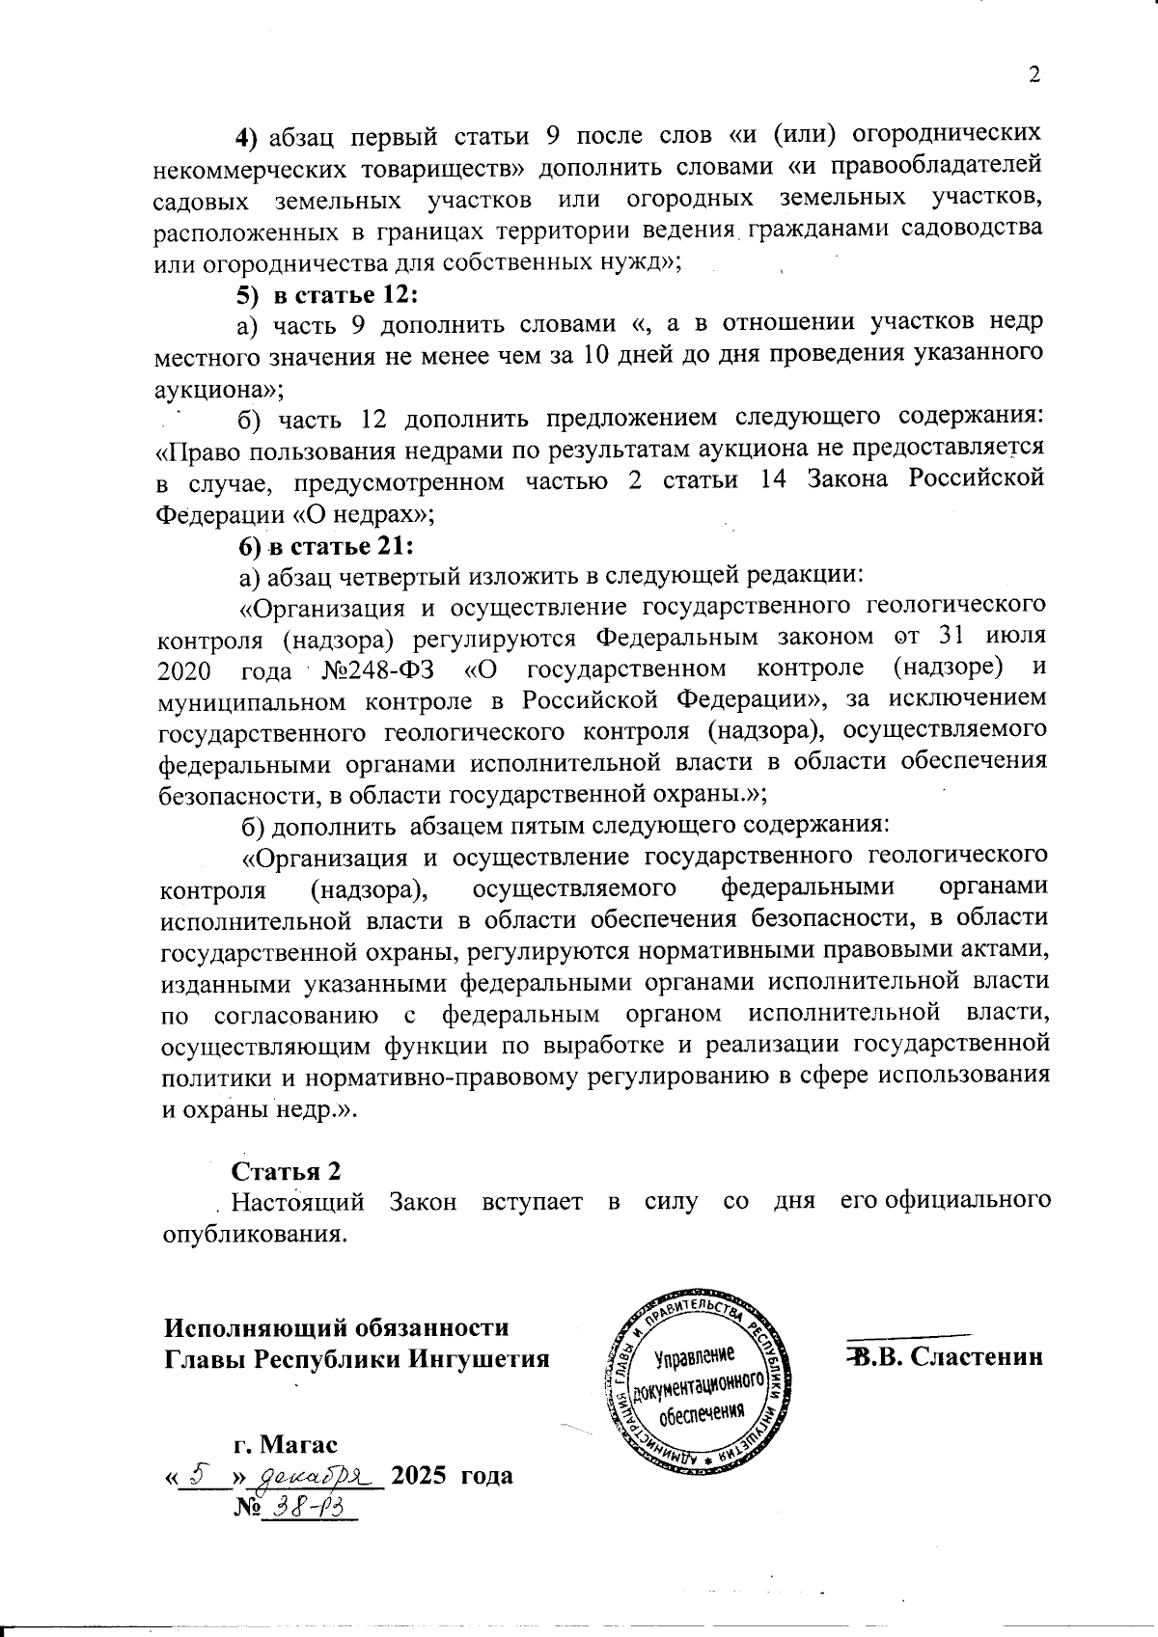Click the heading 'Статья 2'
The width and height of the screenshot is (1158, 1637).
click(286, 1171)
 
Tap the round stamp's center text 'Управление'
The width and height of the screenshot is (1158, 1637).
click(694, 1358)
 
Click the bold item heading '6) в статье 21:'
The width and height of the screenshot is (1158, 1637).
click(326, 546)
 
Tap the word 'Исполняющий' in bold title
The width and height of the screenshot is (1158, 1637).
click(246, 1327)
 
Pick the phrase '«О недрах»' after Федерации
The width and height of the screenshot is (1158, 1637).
click(371, 514)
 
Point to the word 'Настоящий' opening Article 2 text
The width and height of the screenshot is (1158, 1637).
click(298, 1203)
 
